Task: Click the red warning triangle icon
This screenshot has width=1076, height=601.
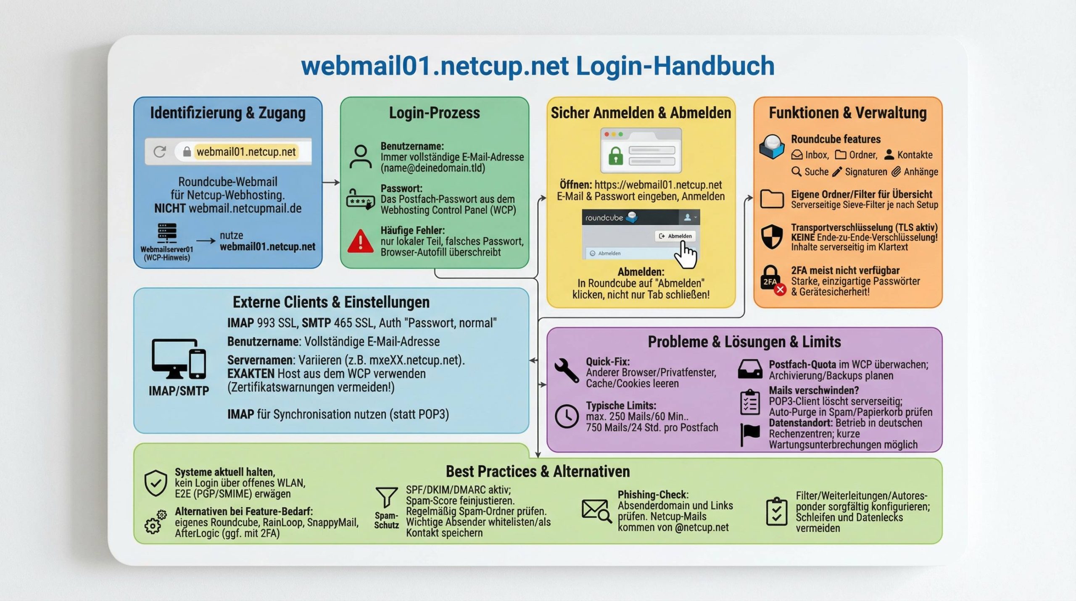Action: (360, 241)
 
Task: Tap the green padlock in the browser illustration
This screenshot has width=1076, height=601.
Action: (616, 156)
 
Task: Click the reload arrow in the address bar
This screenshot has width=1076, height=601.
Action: (160, 151)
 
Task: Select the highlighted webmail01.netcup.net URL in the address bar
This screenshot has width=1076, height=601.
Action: (246, 151)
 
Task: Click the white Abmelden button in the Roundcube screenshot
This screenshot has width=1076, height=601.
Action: (675, 236)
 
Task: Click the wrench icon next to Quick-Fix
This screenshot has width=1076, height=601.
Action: (567, 370)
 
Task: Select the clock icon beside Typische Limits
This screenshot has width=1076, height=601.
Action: (567, 416)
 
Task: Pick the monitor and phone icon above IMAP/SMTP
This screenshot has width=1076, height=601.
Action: (179, 359)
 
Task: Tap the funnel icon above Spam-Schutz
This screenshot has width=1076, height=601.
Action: (386, 497)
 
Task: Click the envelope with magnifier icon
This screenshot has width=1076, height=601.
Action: (596, 511)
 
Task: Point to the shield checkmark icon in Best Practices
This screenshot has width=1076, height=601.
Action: (156, 483)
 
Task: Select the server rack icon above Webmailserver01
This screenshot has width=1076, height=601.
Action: (167, 233)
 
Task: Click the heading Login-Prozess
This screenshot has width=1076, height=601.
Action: (434, 113)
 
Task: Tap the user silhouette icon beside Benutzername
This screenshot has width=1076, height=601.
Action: (361, 157)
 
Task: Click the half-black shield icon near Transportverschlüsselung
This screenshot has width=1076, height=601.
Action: (772, 236)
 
